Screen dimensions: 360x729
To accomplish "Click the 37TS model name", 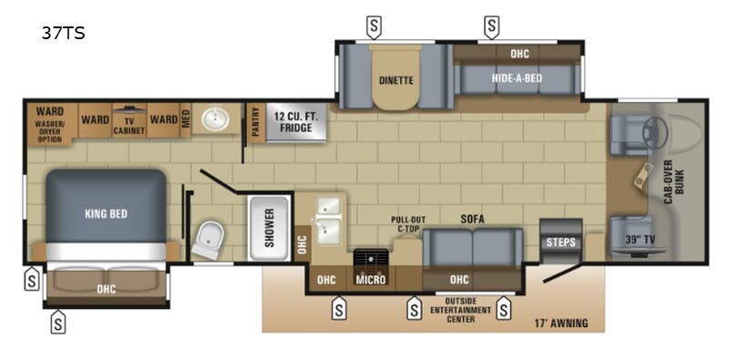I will tap(62, 35).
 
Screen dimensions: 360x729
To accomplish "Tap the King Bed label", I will tap(106, 214).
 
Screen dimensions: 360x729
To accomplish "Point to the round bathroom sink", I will tap(216, 118).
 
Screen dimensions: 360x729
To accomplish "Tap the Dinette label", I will tap(395, 80).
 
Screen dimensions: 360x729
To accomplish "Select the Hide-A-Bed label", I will tap(517, 78).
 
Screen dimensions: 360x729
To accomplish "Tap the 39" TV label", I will tap(642, 240).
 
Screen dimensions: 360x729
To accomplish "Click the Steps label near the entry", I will tap(560, 242).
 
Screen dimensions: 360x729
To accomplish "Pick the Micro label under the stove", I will tap(370, 280).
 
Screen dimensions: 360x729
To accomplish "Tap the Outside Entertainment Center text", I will tap(467, 310).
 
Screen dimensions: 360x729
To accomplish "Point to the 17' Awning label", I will tap(560, 323).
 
